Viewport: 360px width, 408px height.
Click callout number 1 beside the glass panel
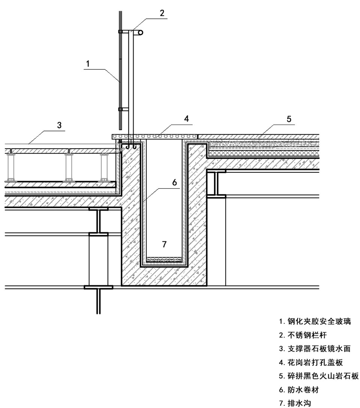click(x=87, y=64)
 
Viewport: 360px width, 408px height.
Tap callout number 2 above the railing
click(x=162, y=13)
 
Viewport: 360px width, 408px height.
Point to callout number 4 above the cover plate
click(x=186, y=120)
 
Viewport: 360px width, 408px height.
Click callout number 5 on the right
click(x=289, y=120)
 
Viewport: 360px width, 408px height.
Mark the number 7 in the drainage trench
click(x=164, y=244)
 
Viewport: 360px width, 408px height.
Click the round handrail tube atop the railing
click(x=140, y=33)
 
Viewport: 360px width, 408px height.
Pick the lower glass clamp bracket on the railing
click(x=124, y=110)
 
